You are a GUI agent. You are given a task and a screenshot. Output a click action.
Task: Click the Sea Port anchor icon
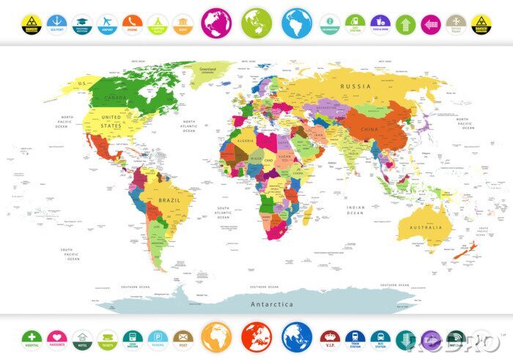pyautogui.click(x=56, y=23)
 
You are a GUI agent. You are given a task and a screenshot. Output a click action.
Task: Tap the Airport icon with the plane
pyautogui.click(x=107, y=23)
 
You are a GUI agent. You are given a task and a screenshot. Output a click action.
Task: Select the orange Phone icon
pyautogui.click(x=132, y=23)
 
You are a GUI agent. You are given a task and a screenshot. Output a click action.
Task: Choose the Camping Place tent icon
pyautogui.click(x=157, y=23)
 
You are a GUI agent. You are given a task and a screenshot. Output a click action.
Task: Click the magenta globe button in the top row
pyautogui.click(x=216, y=23)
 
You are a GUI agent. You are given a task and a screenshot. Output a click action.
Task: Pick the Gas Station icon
pyautogui.click(x=355, y=23)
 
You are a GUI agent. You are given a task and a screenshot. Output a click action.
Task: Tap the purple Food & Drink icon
pyautogui.click(x=380, y=23)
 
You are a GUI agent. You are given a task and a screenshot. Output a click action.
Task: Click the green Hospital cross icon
pyautogui.click(x=32, y=338)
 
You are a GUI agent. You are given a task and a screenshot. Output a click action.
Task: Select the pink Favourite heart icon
pyautogui.click(x=56, y=338)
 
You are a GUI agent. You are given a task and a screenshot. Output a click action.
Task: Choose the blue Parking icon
pyautogui.click(x=157, y=338)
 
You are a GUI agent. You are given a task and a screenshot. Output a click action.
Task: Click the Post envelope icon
pyautogui.click(x=182, y=338)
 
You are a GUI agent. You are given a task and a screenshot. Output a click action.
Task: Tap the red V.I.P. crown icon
pyautogui.click(x=331, y=338)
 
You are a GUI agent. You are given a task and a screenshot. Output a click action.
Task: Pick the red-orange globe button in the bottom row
pyautogui.click(x=256, y=337)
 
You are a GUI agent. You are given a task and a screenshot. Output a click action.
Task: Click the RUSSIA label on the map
pyautogui.click(x=355, y=86)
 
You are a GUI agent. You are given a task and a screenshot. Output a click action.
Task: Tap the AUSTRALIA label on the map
pyautogui.click(x=425, y=227)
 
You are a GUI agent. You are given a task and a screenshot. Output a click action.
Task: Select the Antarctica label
pyautogui.click(x=272, y=304)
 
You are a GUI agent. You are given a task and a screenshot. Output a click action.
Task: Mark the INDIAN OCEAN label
pyautogui.click(x=355, y=209)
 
